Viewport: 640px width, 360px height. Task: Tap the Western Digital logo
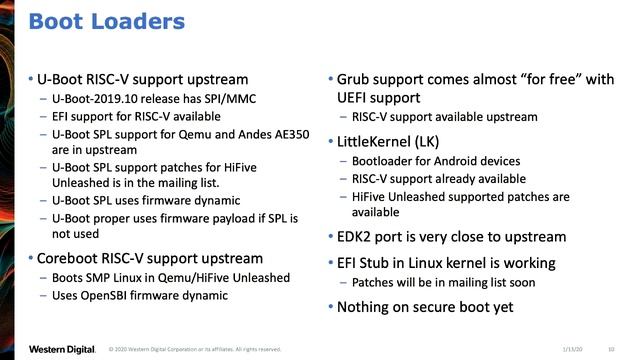click(x=61, y=349)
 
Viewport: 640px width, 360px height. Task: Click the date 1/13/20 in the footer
click(x=572, y=349)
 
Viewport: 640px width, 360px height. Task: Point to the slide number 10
click(x=610, y=349)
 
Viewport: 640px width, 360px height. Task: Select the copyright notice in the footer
click(x=195, y=349)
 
